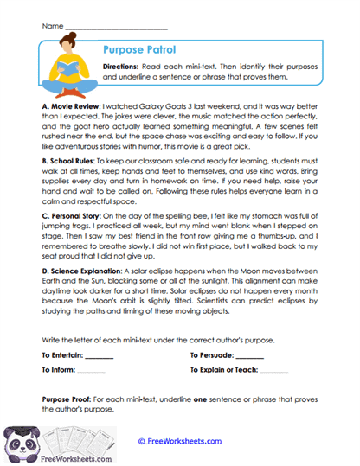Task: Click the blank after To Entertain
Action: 99,356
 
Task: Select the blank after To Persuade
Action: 249,356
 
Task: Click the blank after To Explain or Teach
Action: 273,370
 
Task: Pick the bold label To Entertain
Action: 62,356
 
